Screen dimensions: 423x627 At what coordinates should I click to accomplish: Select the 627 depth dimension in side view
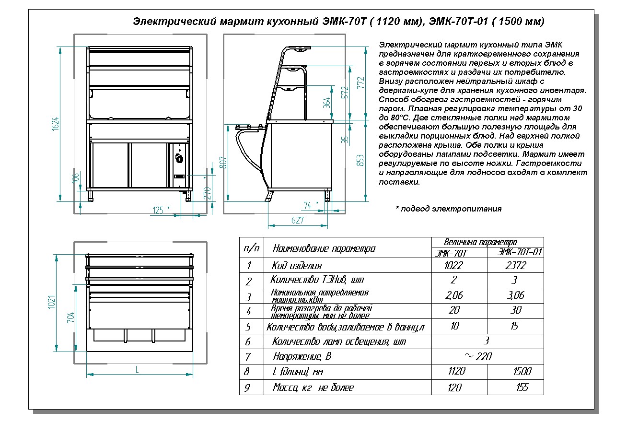coord(298,221)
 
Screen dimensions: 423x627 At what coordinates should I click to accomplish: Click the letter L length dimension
coord(138,370)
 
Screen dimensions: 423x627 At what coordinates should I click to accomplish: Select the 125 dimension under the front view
coord(158,210)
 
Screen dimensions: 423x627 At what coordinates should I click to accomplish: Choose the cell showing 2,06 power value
coord(454,295)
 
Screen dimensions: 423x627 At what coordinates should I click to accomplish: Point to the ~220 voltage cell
coord(478,356)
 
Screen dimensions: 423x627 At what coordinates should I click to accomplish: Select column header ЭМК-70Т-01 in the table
coord(520,252)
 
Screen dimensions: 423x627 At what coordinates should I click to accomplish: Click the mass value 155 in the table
coord(522,388)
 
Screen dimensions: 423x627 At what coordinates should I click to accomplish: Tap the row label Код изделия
coord(297,266)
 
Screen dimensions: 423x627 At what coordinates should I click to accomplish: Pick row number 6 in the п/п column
coord(248,342)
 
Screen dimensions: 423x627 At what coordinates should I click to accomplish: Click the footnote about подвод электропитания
coord(448,209)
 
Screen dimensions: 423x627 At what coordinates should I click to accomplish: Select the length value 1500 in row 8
coord(522,372)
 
